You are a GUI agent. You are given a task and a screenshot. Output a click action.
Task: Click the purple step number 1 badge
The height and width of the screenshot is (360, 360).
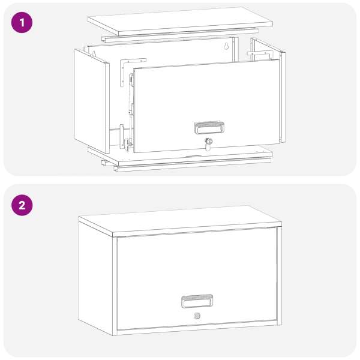point(22,23)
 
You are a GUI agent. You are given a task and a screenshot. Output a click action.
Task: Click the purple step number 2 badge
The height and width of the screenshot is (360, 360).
point(22,205)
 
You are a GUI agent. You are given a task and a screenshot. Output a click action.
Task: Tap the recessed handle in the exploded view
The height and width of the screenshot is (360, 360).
point(209,128)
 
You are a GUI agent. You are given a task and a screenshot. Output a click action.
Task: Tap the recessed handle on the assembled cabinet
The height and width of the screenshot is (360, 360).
point(197,301)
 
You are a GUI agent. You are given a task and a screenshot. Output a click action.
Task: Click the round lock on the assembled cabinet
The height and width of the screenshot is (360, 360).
point(197,316)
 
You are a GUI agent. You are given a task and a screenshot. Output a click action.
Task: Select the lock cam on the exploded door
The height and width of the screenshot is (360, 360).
point(208,144)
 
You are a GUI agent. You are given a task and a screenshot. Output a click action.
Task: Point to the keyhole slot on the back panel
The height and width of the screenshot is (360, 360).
point(226,46)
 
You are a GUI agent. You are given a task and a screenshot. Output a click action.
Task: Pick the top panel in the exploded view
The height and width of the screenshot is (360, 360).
point(180,21)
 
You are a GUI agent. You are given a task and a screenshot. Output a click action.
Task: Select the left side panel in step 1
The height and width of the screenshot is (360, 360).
point(92,101)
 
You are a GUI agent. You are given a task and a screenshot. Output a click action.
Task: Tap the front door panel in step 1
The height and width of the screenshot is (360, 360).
point(206,106)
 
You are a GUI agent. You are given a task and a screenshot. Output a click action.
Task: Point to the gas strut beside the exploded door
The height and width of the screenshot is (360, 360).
point(131,110)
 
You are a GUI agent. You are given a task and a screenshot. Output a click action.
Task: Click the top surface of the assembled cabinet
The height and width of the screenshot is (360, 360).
point(180,220)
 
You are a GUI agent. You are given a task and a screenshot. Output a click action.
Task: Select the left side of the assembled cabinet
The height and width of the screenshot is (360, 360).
point(95,277)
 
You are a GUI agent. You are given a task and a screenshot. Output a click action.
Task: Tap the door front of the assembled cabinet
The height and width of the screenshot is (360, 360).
point(197,279)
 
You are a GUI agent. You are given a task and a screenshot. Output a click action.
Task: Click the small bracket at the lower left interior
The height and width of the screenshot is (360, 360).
point(122,136)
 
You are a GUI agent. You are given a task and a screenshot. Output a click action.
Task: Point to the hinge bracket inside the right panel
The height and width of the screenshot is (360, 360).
point(259,55)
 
